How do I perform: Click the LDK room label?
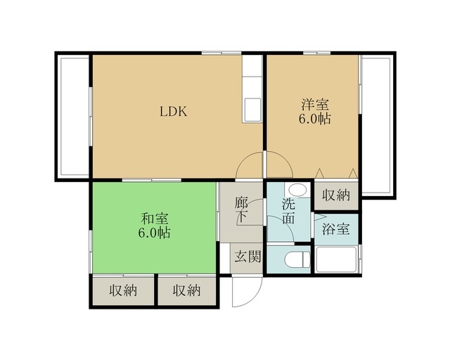click(x=174, y=111)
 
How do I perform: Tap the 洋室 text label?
click(x=315, y=104)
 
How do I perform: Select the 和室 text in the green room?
click(x=155, y=219)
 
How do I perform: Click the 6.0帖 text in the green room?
click(x=155, y=233)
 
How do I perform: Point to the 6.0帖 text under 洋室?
click(x=315, y=118)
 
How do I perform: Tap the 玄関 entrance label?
click(x=247, y=257)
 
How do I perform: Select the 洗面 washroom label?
click(x=288, y=211)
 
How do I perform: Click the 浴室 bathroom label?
click(x=336, y=229)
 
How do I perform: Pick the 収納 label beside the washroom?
click(x=336, y=195)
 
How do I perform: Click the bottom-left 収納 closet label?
click(x=123, y=291)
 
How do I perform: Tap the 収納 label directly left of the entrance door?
click(x=186, y=291)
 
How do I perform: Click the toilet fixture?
click(x=297, y=259)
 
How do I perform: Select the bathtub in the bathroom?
click(x=336, y=259)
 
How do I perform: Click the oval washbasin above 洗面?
click(x=297, y=190)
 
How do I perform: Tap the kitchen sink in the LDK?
click(x=252, y=110)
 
